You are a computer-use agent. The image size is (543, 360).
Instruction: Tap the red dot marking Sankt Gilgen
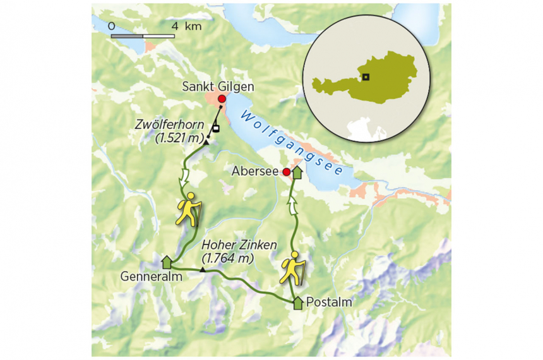coord(222,99)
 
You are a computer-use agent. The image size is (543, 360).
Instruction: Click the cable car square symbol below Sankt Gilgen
coord(215,129)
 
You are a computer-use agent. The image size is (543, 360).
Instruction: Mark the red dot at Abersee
coord(286,172)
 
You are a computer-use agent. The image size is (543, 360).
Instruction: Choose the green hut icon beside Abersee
coord(297,171)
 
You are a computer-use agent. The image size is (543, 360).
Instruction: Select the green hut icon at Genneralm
coord(167,261)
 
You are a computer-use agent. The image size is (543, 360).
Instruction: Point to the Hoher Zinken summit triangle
coord(202,270)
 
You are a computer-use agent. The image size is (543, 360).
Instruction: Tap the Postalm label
coord(328,303)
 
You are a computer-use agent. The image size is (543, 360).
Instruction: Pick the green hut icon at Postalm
coord(298,303)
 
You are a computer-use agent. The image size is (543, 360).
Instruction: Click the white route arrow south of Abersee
coord(293,203)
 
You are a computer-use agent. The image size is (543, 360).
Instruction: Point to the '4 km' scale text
coord(186,26)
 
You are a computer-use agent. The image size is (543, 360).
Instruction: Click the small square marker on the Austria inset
coord(366,77)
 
